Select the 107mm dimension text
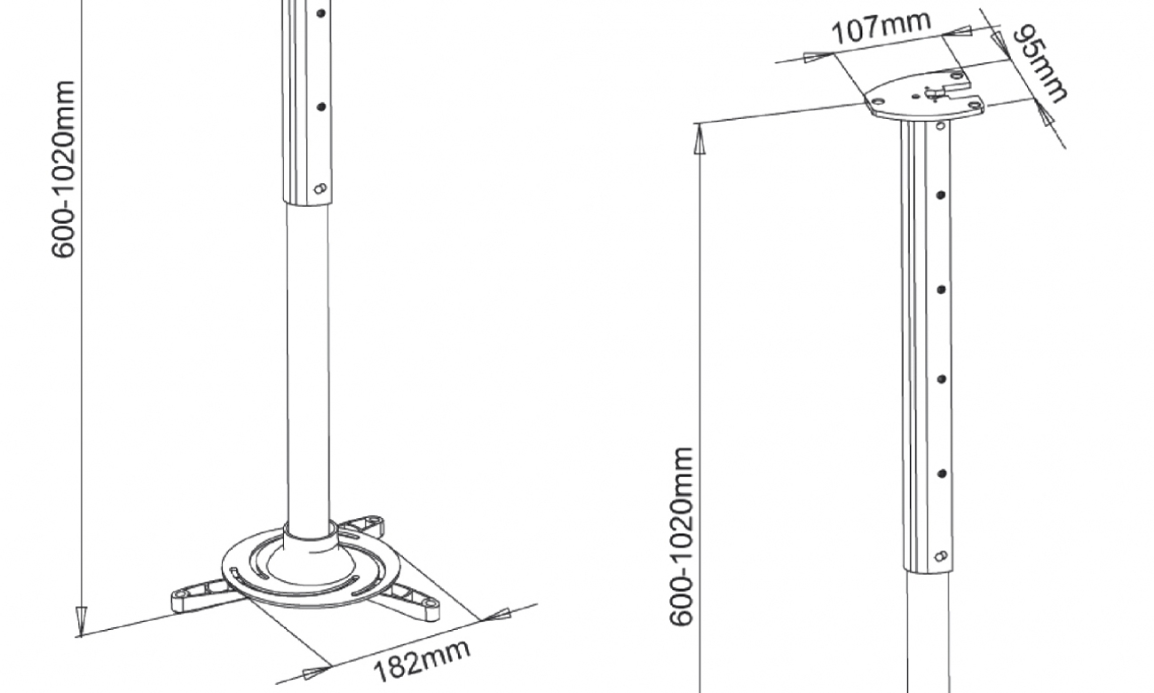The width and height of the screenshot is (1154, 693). click(x=881, y=28)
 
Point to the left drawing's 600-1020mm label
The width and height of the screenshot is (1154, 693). click(x=64, y=169)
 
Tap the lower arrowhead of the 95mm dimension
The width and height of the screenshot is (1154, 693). click(x=1041, y=107)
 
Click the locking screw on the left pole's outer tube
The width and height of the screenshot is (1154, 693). click(x=320, y=188)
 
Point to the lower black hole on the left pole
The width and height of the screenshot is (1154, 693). click(x=321, y=107)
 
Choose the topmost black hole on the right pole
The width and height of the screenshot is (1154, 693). click(x=941, y=195)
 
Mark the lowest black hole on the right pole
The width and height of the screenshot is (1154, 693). click(x=941, y=474)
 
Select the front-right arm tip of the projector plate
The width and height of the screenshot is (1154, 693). click(x=430, y=602)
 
